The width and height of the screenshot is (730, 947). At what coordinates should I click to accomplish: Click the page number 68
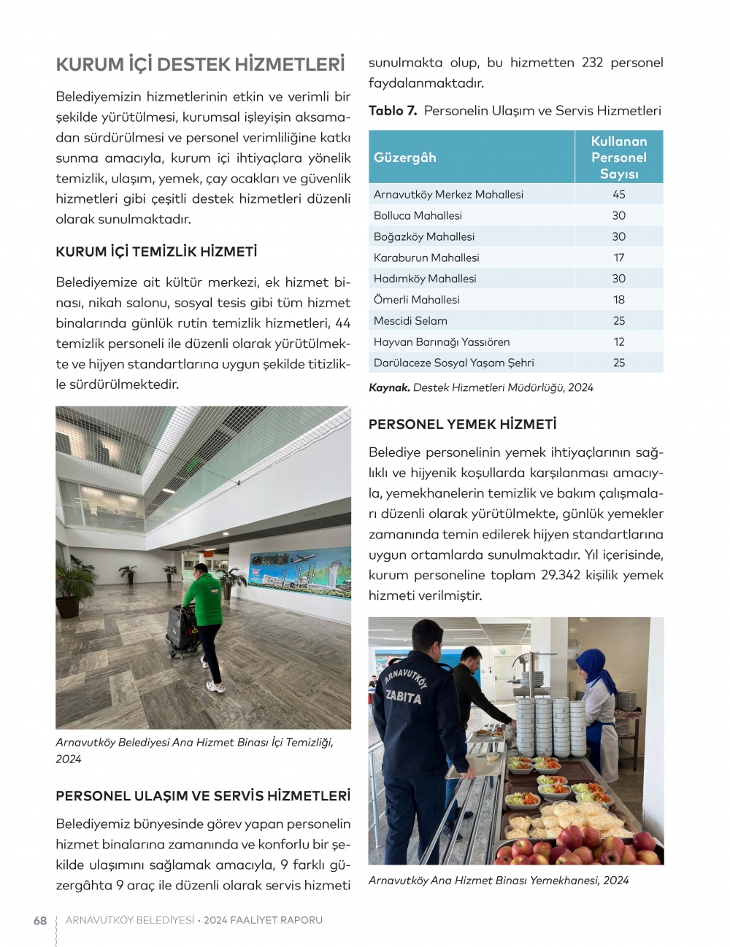pyautogui.click(x=40, y=921)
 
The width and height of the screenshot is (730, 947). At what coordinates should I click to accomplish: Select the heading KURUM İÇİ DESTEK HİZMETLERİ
pyautogui.click(x=200, y=64)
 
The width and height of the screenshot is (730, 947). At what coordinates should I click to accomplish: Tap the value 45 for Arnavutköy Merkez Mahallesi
pyautogui.click(x=619, y=194)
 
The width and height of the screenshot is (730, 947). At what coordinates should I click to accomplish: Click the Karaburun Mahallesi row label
pyautogui.click(x=426, y=258)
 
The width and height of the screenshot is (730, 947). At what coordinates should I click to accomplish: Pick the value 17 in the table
pyautogui.click(x=619, y=258)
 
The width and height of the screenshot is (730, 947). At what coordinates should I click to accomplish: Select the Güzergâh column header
pyautogui.click(x=405, y=158)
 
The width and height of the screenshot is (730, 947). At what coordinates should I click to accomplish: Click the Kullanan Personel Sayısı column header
pyautogui.click(x=619, y=158)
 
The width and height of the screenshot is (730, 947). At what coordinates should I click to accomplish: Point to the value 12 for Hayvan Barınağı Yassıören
pyautogui.click(x=619, y=341)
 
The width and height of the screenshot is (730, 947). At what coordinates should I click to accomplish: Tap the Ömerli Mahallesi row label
pyautogui.click(x=417, y=299)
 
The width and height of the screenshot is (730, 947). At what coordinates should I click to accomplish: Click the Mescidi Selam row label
pyautogui.click(x=410, y=320)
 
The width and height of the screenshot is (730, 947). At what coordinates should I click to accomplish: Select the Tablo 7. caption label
pyautogui.click(x=393, y=111)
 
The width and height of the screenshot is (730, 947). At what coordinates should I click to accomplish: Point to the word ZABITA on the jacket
pyautogui.click(x=404, y=697)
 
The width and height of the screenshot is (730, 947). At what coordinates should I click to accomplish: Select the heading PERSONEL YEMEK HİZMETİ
pyautogui.click(x=462, y=424)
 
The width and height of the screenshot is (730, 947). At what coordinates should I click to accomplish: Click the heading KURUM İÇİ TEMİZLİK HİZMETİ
pyautogui.click(x=156, y=252)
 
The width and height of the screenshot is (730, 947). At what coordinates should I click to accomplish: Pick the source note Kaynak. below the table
pyautogui.click(x=389, y=387)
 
